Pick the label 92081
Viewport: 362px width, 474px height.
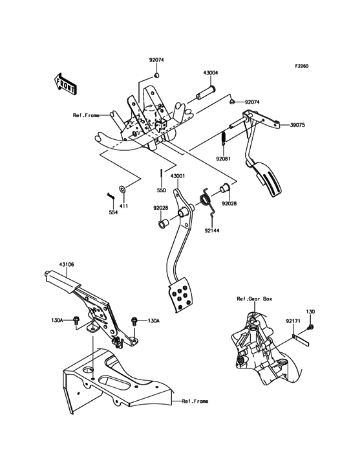[x=222, y=158]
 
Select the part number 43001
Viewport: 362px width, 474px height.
[x=178, y=175]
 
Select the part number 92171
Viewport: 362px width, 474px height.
[x=294, y=321]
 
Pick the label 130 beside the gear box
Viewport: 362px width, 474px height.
[x=311, y=311]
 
